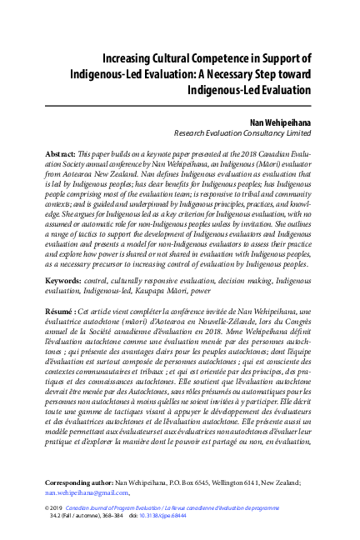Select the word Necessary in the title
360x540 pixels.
pyautogui.click(x=243, y=73)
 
